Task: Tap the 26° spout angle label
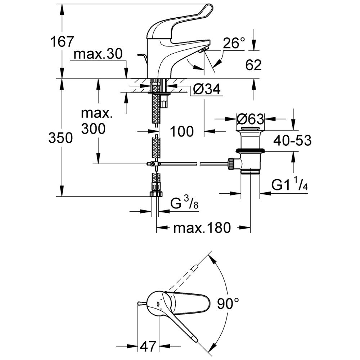(x=233, y=44)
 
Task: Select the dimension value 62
(x=253, y=65)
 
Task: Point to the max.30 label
(x=98, y=54)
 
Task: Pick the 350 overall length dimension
(x=60, y=138)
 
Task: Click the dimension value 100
(x=181, y=131)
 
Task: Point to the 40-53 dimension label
(x=292, y=140)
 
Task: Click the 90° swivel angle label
(x=228, y=305)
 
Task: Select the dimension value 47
(x=148, y=347)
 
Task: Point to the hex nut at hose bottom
(x=156, y=194)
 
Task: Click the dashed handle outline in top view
(x=184, y=277)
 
